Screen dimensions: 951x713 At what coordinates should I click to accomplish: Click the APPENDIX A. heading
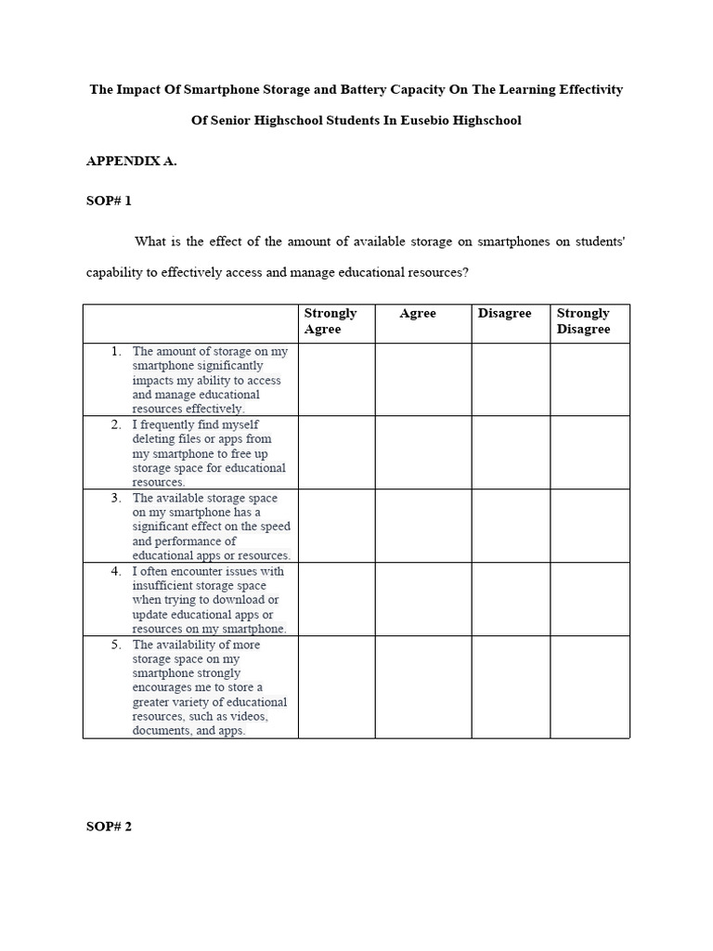coord(131,161)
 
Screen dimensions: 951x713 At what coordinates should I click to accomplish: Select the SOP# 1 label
coord(110,201)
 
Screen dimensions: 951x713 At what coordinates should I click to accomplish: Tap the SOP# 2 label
coord(110,827)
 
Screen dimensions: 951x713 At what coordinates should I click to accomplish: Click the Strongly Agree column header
coord(331,321)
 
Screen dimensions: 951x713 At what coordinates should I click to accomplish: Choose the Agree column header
coord(418,314)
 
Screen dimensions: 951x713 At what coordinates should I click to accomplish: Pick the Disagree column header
coord(505,314)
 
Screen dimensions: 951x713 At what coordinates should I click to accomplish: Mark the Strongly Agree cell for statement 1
coord(336,379)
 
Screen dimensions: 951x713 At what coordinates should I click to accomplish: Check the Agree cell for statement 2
coord(423,452)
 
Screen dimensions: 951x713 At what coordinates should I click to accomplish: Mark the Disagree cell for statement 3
coord(511,526)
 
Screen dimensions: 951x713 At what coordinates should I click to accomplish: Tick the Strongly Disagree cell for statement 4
coord(590,599)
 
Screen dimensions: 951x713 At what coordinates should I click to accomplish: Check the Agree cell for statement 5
coord(423,686)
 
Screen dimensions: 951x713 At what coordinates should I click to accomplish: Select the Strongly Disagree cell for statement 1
coord(590,379)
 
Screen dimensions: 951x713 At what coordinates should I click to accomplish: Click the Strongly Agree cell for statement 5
coord(336,686)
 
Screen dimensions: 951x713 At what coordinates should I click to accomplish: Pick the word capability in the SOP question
coord(117,273)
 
